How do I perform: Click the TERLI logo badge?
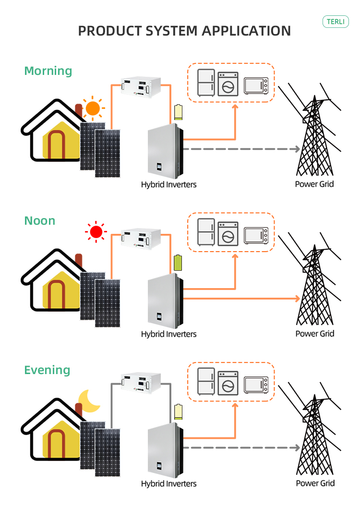pos(336,22)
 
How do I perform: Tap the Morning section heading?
pos(48,71)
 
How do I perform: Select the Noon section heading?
pos(40,221)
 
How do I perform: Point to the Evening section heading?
pos(47,370)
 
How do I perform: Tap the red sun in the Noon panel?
pos(96,232)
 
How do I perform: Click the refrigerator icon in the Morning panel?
pos(206,83)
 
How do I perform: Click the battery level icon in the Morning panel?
pos(178,112)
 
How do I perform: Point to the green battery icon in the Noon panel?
pos(178,262)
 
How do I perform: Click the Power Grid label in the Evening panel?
pos(314,483)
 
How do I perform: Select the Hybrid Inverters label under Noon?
pos(168,334)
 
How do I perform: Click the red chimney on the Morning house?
pos(79,110)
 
